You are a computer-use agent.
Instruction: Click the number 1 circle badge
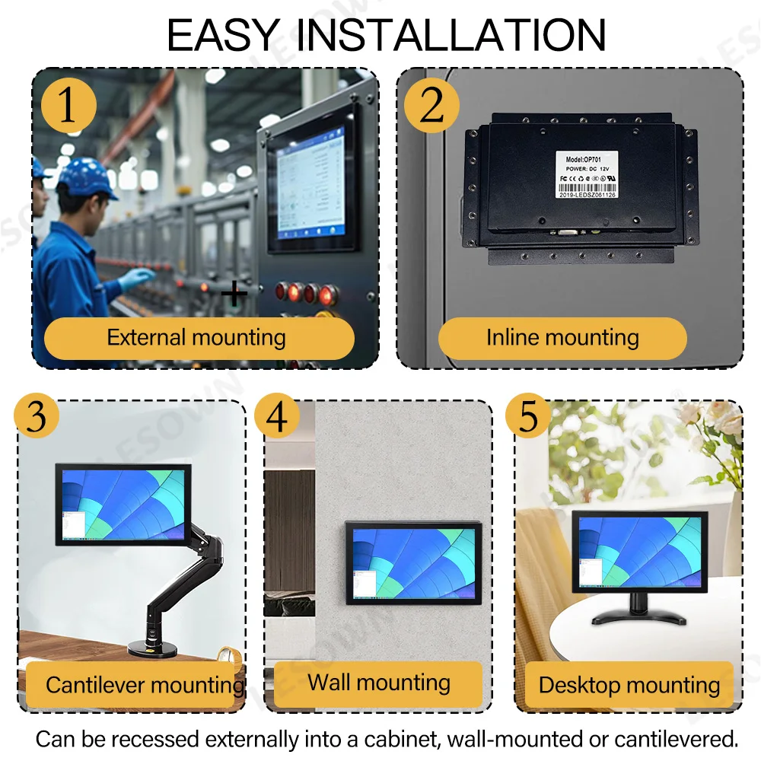click(x=68, y=105)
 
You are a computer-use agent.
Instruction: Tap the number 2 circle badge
click(x=431, y=105)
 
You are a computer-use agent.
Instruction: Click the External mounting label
click(x=198, y=338)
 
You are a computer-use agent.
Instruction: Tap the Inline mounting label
click(x=562, y=338)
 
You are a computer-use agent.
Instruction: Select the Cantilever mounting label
click(x=143, y=685)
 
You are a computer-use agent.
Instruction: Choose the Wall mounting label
click(x=378, y=682)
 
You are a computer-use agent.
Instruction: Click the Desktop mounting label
click(x=629, y=685)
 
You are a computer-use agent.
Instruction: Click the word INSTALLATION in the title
click(x=451, y=34)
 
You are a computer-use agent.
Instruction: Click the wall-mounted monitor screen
click(x=414, y=562)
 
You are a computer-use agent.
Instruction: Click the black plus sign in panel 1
click(x=234, y=293)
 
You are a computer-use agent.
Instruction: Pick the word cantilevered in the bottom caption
click(x=669, y=738)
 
